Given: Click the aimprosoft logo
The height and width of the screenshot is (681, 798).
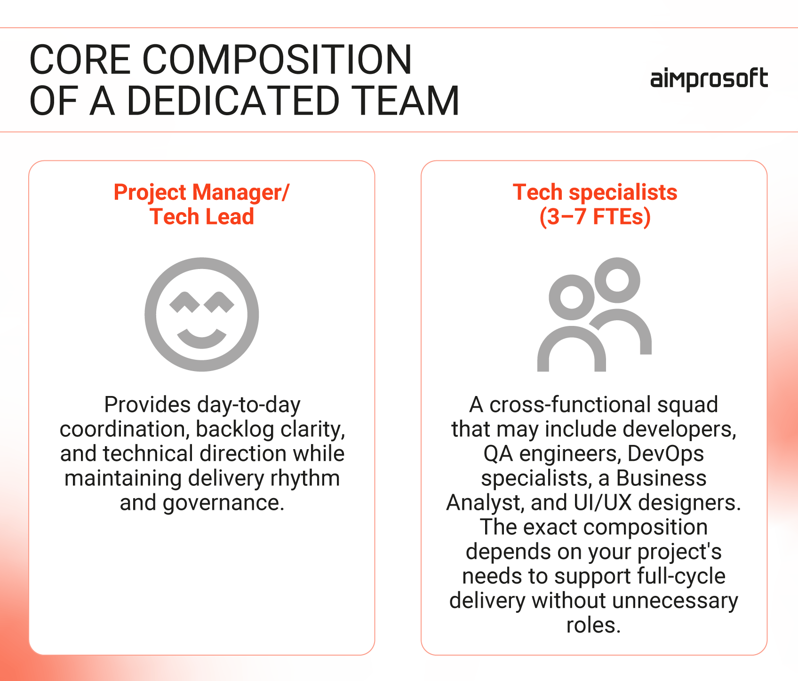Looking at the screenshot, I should pos(709,79).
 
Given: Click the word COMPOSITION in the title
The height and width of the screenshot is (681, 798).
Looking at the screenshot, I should pos(277,60).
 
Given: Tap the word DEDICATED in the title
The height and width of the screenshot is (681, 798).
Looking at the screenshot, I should pos(233,101).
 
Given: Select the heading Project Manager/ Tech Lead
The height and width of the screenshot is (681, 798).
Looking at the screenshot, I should pos(201,204).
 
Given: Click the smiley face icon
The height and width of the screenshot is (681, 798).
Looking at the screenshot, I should pos(201,314).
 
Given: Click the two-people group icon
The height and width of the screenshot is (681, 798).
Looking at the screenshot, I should pos(594,314).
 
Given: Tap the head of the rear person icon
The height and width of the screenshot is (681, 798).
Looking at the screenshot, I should pos(617,280).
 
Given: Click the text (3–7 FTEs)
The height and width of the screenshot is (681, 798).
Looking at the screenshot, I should pos(595,217).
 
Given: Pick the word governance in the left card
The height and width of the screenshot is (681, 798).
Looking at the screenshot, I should pos(223,502).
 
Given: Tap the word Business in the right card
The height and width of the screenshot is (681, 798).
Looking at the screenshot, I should pos(661,478).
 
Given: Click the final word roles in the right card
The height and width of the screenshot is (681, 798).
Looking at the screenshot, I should pos(593,625).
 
